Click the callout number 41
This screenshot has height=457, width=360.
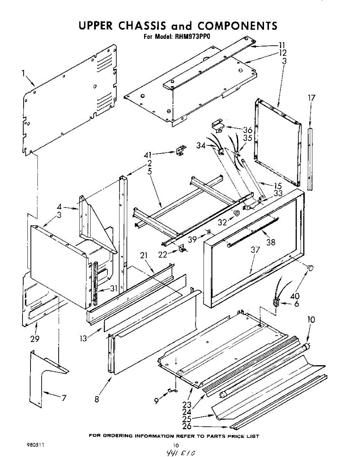tap(148, 155)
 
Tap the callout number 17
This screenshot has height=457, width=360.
tap(312, 98)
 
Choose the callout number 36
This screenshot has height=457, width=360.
tap(248, 129)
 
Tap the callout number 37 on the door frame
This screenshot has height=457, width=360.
tap(255, 250)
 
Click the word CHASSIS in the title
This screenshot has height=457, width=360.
tap(142, 26)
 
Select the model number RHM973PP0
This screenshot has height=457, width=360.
tap(192, 37)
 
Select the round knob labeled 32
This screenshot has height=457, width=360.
tap(237, 213)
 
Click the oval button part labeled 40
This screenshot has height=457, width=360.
tap(310, 268)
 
